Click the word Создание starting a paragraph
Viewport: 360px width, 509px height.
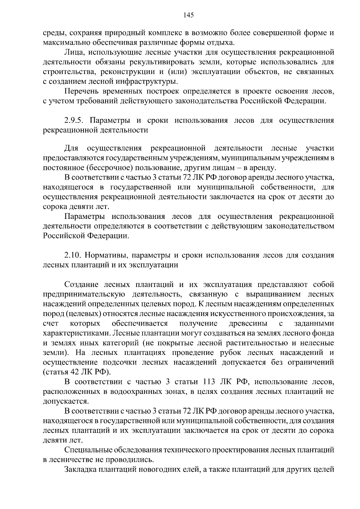80,284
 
